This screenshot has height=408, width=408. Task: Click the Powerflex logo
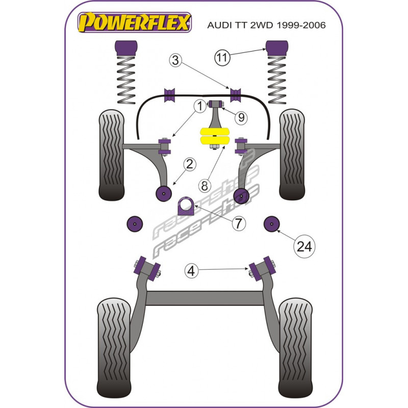pyautogui.click(x=135, y=22)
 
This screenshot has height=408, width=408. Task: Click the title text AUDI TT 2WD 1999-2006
pyautogui.click(x=266, y=25)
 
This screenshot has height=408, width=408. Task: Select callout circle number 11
pyautogui.click(x=222, y=58)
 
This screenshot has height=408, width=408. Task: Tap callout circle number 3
pyautogui.click(x=175, y=60)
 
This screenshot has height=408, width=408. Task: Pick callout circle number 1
pyautogui.click(x=200, y=106)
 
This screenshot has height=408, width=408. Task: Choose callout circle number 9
pyautogui.click(x=241, y=118)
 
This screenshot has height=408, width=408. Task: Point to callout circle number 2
pyautogui.click(x=189, y=164)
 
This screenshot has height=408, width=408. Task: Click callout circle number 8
pyautogui.click(x=205, y=186)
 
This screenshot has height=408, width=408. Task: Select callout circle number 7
pyautogui.click(x=239, y=223)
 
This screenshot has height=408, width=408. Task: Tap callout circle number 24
pyautogui.click(x=304, y=246)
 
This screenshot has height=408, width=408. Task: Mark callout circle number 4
pyautogui.click(x=191, y=271)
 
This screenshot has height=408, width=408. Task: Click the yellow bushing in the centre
pyautogui.click(x=215, y=136)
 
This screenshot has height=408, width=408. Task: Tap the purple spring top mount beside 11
pyautogui.click(x=277, y=48)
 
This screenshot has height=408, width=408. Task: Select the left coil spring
pyautogui.click(x=126, y=80)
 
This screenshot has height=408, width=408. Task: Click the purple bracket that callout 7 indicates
pyautogui.click(x=186, y=206)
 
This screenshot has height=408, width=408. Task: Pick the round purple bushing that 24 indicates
pyautogui.click(x=272, y=223)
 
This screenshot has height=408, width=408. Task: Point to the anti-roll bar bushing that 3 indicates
pyautogui.click(x=236, y=95)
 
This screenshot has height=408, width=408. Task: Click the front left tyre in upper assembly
pyautogui.click(x=112, y=155)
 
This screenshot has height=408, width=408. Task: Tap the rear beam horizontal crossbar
pyautogui.click(x=205, y=298)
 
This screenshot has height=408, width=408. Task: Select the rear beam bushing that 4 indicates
pyautogui.click(x=262, y=269)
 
